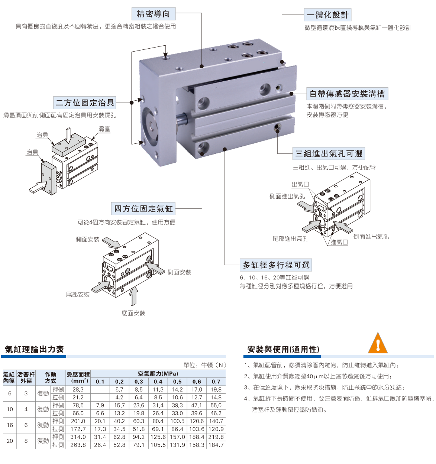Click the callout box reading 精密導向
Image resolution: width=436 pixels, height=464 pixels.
[x=154, y=14]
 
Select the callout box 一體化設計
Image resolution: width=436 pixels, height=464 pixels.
[x=327, y=15]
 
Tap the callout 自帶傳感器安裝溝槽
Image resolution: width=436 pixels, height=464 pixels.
[x=347, y=94]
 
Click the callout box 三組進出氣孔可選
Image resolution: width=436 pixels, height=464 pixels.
[x=329, y=153]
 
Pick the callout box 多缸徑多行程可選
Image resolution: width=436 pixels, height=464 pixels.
[x=276, y=265]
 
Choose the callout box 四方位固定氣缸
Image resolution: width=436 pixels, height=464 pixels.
[x=143, y=208]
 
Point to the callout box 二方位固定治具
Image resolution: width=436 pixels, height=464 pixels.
[x=85, y=103]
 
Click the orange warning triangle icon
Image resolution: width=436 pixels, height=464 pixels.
[x=378, y=343]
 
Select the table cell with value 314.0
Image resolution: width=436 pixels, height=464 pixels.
[x=78, y=437]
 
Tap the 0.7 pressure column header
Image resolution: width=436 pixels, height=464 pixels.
[x=216, y=382]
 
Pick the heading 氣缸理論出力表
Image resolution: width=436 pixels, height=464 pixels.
[x=34, y=349]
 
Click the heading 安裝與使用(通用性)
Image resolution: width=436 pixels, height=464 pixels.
[x=283, y=350]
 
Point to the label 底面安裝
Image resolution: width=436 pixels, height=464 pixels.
[x=133, y=313]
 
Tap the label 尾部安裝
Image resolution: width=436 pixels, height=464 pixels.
[x=78, y=294]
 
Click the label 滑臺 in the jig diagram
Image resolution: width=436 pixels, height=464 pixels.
[x=104, y=129]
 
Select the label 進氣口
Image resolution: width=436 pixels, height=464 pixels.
[x=339, y=242]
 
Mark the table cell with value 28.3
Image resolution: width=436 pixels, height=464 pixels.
[x=78, y=389]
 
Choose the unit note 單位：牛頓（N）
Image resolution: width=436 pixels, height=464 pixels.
[x=205, y=365]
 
